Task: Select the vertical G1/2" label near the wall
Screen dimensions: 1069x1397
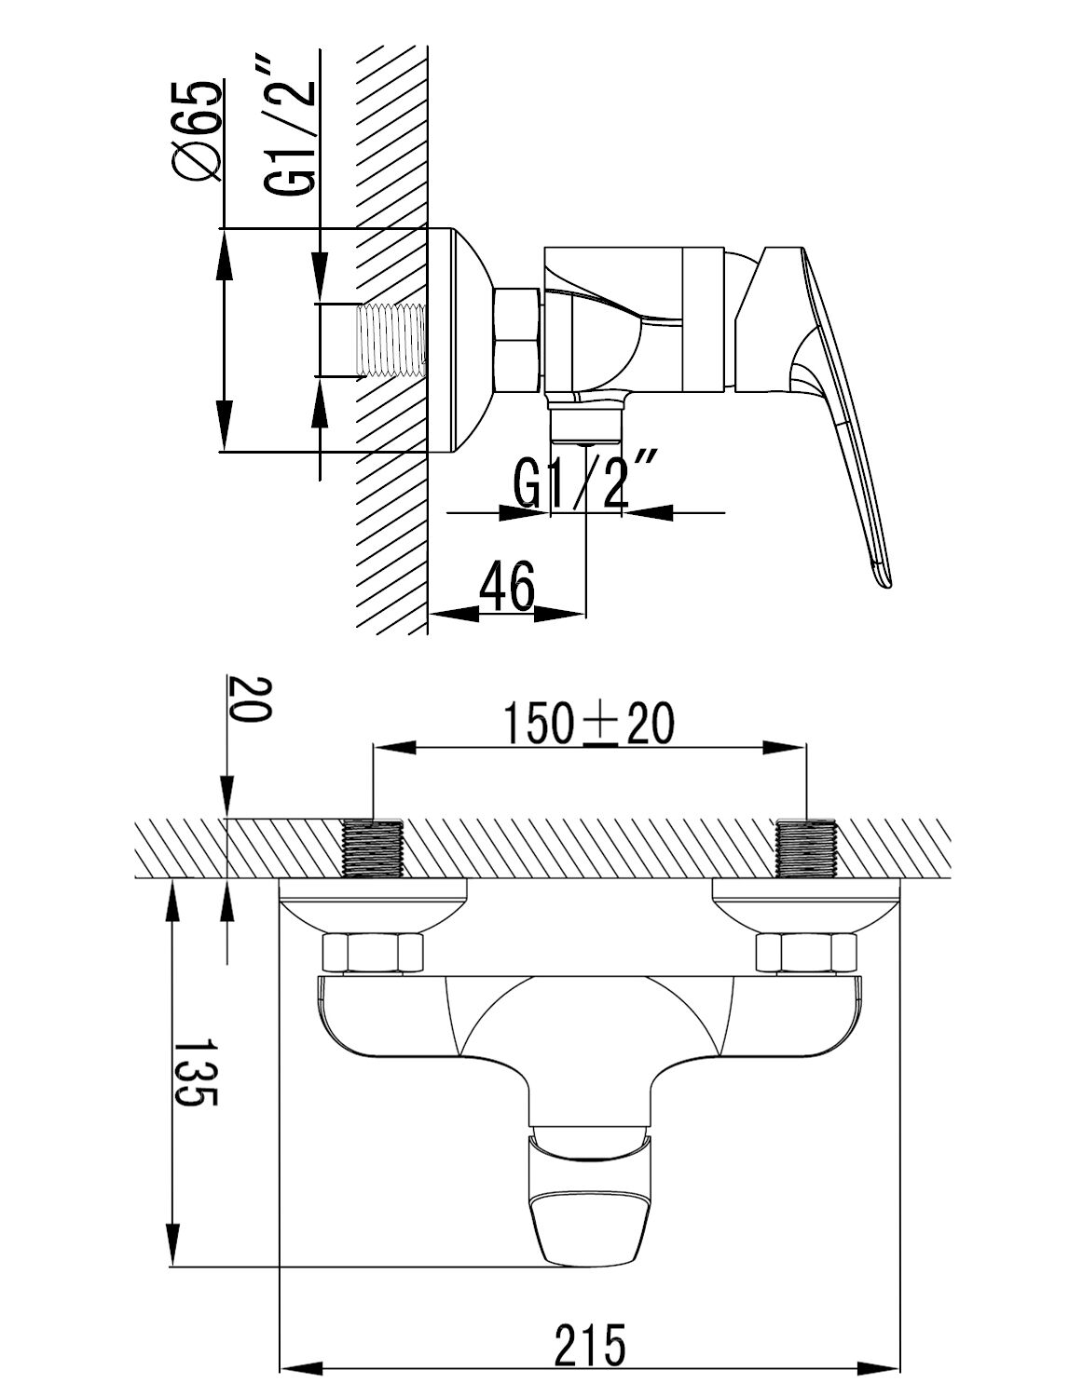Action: click(x=290, y=127)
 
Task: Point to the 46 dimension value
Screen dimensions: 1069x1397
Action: click(x=507, y=587)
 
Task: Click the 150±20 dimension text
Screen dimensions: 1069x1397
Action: click(x=589, y=725)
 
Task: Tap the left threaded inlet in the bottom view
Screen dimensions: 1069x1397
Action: click(x=373, y=849)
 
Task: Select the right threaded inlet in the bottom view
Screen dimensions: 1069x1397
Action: click(x=807, y=849)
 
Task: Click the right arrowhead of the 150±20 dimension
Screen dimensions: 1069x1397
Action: click(x=785, y=749)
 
